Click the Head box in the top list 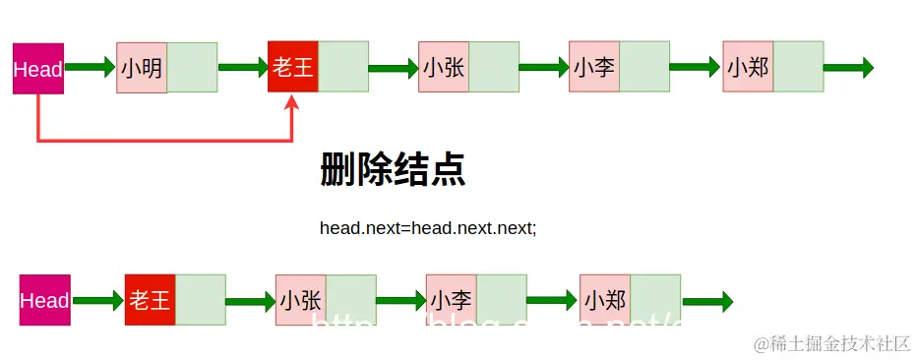click(38, 68)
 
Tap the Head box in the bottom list click(45, 300)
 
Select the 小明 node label click(142, 68)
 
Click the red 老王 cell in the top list click(293, 68)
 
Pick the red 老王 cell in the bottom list click(150, 300)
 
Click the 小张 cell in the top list click(444, 68)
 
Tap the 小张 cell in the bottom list click(301, 300)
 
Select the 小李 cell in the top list click(594, 68)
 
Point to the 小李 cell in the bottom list click(452, 300)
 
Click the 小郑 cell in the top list click(748, 68)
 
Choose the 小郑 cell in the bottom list click(605, 300)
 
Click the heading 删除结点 click(393, 170)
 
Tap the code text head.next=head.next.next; click(428, 227)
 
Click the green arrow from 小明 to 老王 click(242, 68)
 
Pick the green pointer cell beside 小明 click(192, 68)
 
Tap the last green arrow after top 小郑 click(848, 68)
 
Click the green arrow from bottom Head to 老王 click(97, 300)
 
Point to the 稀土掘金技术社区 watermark click(831, 343)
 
